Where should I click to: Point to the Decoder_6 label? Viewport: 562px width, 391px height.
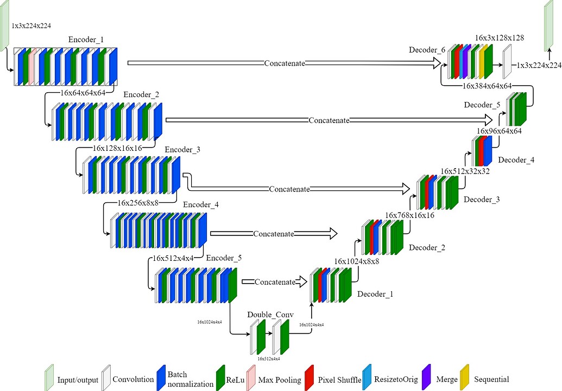(427, 50)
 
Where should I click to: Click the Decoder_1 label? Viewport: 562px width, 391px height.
(375, 293)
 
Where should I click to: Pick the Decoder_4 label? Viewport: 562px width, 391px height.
(516, 159)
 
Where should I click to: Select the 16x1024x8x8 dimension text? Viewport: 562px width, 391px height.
(356, 261)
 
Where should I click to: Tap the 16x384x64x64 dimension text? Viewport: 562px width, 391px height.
(487, 86)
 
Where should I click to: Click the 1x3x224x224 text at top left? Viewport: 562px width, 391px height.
(31, 25)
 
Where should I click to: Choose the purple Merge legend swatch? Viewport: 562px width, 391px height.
(427, 378)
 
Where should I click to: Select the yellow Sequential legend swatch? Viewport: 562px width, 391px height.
(465, 378)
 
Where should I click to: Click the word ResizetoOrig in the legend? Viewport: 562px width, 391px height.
(396, 380)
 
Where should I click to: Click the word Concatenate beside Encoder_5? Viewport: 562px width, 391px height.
(275, 282)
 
